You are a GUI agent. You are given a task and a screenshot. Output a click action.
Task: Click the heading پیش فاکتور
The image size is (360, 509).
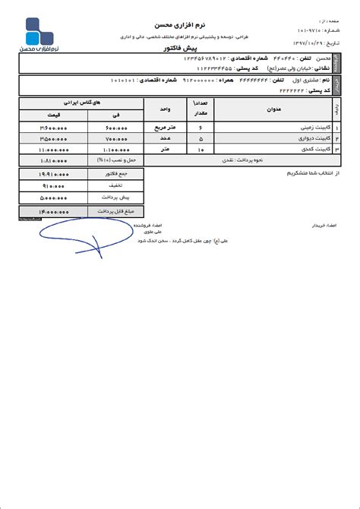pos(180,48)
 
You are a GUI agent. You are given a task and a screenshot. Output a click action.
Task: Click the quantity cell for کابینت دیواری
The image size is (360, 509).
pos(201,140)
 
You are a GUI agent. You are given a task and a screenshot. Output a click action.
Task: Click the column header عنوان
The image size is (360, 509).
pos(275,109)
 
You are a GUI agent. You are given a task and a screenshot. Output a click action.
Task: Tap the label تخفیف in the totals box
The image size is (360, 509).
pos(115,185)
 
